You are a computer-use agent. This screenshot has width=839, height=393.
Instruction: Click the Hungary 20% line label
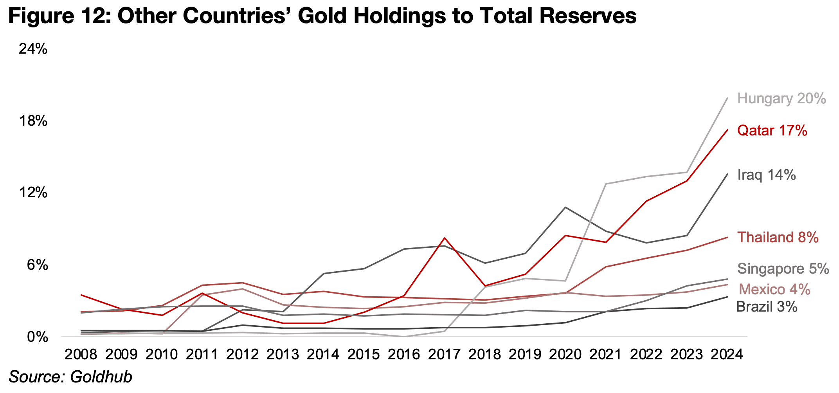pos(781,99)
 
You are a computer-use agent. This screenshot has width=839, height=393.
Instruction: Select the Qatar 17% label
pos(772,131)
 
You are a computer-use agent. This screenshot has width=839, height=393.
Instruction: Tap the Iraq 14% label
pos(766,175)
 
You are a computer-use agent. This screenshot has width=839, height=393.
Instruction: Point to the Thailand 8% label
pos(778,238)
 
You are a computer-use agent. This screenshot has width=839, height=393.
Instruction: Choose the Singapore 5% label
pos(783,269)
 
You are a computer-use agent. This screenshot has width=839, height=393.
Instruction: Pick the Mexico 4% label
pos(774,290)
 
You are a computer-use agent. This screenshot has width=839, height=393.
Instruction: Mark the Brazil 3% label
pos(767,307)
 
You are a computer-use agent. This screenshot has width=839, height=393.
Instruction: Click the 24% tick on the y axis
pos(33,49)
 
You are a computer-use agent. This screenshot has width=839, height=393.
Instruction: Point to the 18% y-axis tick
pos(33,121)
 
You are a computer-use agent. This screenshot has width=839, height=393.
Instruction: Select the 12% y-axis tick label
pos(33,193)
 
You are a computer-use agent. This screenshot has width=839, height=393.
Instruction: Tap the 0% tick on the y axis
pos(38,337)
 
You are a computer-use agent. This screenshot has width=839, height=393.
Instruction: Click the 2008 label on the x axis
pos(81,355)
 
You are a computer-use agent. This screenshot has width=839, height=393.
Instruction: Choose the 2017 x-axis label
pos(444,355)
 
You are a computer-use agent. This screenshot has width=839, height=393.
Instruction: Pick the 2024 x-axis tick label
pos(727,355)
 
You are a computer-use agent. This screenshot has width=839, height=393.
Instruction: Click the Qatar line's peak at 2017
pos(445,238)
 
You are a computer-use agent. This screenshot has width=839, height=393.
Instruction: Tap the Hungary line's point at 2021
pos(606,184)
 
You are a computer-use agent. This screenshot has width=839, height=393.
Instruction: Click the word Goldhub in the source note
pos(101,377)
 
